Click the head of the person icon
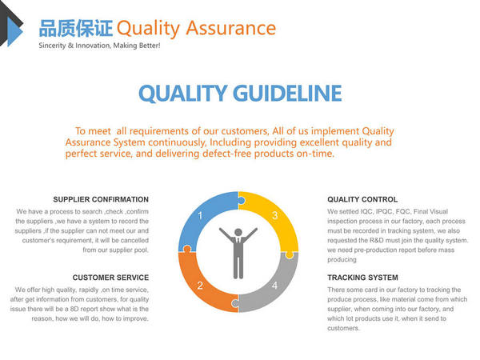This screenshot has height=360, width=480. [x=238, y=232]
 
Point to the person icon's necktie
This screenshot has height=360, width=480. [x=238, y=241]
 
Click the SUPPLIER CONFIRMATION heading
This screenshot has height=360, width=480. [x=101, y=199]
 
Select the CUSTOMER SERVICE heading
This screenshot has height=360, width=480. [x=110, y=278]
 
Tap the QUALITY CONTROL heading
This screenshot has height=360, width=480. [x=362, y=199]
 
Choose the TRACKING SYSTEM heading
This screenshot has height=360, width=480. [x=362, y=278]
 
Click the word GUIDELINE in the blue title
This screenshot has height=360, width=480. [x=287, y=94]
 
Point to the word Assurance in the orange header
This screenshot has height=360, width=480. [x=231, y=28]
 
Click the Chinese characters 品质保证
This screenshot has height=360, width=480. [x=76, y=28]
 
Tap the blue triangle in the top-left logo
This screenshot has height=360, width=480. [x=14, y=31]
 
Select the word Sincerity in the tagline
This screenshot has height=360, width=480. [x=52, y=46]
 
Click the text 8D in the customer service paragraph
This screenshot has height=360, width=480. [x=74, y=309]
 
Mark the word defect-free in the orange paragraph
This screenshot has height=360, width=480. [x=227, y=154]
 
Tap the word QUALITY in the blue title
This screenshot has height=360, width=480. [x=182, y=94]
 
